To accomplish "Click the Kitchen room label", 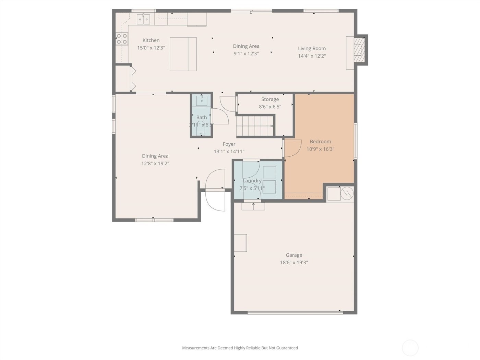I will (151, 40).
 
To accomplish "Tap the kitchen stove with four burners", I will (121, 38).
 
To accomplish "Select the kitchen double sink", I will (144, 19).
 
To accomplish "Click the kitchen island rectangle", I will (183, 54).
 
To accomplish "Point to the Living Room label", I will (312, 48).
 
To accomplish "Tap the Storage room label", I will (270, 99).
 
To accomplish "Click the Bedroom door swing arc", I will (292, 148).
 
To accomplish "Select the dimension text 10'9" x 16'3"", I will (320, 149).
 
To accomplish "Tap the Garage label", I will (294, 255).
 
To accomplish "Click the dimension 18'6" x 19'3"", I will (294, 263).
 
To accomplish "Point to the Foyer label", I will (229, 144).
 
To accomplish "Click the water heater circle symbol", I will (347, 193).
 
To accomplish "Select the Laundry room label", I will (252, 181).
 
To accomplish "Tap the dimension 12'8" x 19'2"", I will (155, 164).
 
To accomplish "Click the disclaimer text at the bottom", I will (240, 348).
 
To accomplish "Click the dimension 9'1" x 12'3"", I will (246, 53).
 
